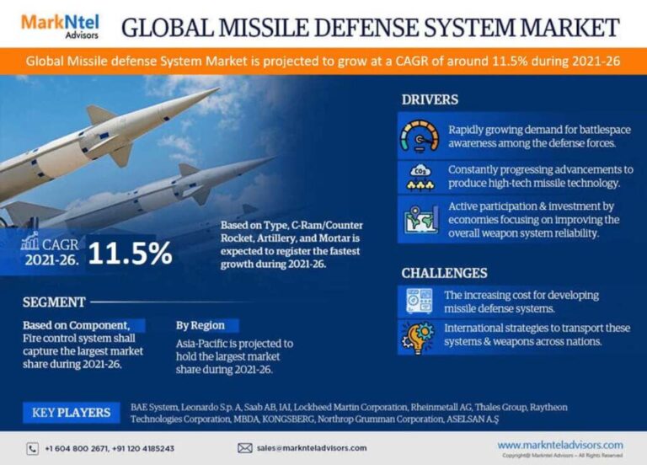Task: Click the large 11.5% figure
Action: (130, 254)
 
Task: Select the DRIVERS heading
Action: (430, 100)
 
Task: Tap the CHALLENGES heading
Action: (444, 273)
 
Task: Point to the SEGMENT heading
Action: (53, 301)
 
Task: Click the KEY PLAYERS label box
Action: (71, 413)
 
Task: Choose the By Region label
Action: (201, 324)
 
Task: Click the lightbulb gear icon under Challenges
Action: (420, 336)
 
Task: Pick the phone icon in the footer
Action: (33, 448)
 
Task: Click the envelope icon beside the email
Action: (245, 448)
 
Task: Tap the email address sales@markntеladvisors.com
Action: (311, 448)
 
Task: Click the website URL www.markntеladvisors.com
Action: (559, 445)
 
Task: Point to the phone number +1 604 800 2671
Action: (77, 448)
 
